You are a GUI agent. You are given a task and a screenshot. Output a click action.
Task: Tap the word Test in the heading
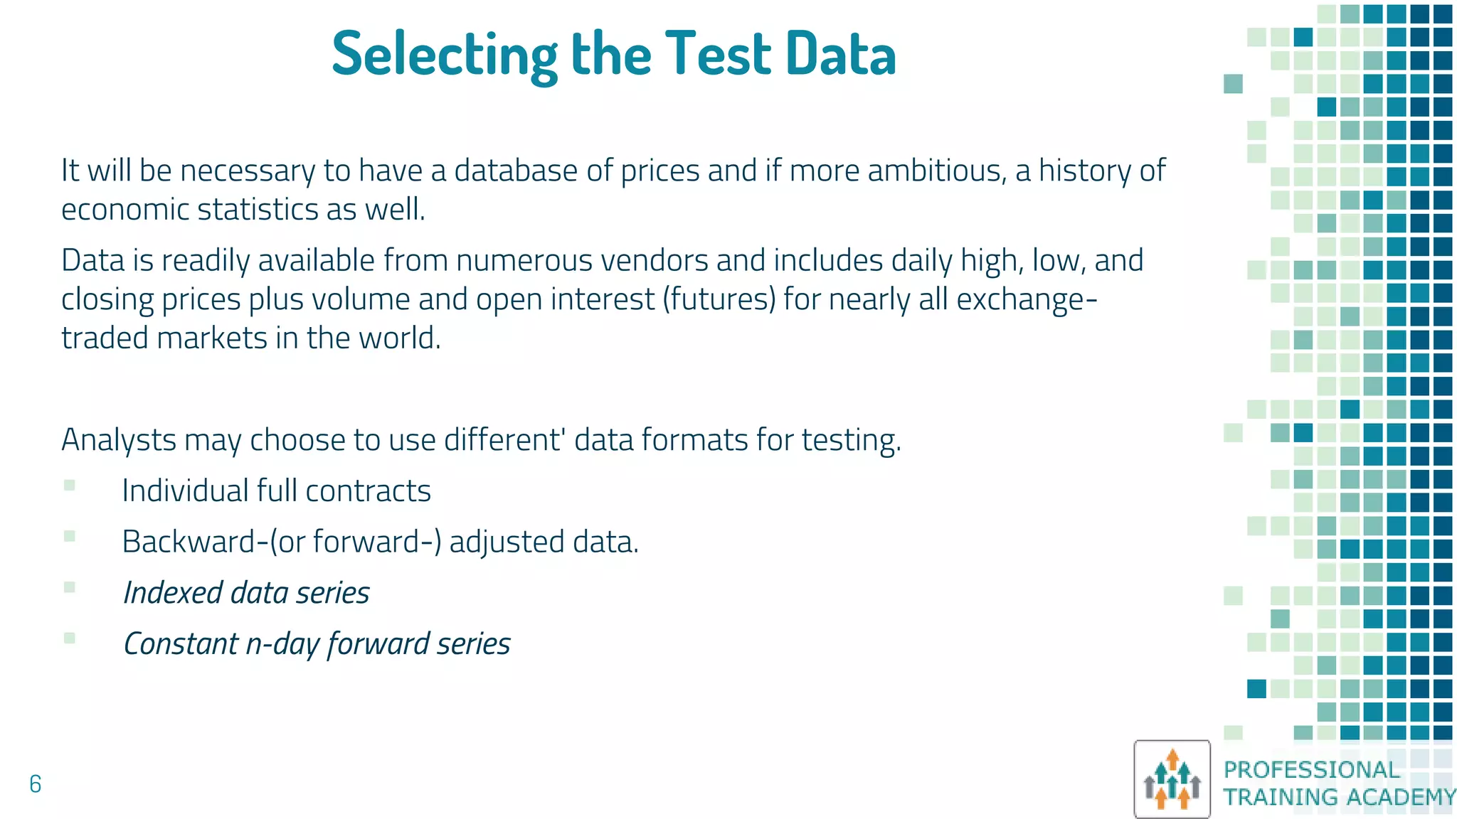[x=718, y=54]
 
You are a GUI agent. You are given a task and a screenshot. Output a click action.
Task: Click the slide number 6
[x=35, y=783]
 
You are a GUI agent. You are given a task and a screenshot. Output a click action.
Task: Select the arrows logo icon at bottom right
[x=1172, y=779]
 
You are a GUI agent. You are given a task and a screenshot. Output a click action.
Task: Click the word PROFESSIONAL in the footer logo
[x=1311, y=769]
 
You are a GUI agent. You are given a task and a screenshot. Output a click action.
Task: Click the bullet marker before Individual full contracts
[x=69, y=486]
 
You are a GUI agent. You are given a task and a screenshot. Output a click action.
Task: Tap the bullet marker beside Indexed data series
[x=69, y=587]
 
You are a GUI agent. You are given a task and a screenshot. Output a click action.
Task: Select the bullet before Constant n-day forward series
[x=69, y=638]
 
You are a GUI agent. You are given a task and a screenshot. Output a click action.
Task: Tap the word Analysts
[x=119, y=440]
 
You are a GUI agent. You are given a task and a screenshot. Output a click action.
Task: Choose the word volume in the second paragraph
[x=361, y=299]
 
